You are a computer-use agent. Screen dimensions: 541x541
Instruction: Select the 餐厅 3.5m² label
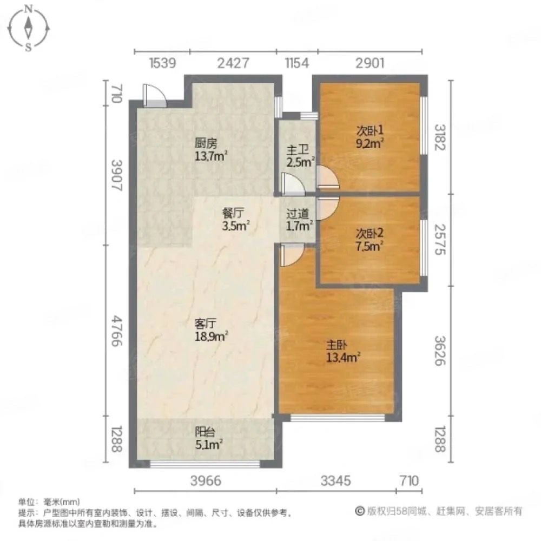click(x=235, y=218)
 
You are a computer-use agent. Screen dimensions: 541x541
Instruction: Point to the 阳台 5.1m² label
click(x=210, y=438)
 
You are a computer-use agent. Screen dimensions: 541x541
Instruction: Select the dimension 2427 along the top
click(x=233, y=63)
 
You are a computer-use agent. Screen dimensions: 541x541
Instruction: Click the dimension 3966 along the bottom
click(x=206, y=480)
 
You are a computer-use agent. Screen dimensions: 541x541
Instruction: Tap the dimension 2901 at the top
click(x=370, y=63)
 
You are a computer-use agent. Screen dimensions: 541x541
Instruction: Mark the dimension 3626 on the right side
click(x=440, y=351)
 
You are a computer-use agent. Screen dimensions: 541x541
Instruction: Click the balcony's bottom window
click(x=204, y=463)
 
